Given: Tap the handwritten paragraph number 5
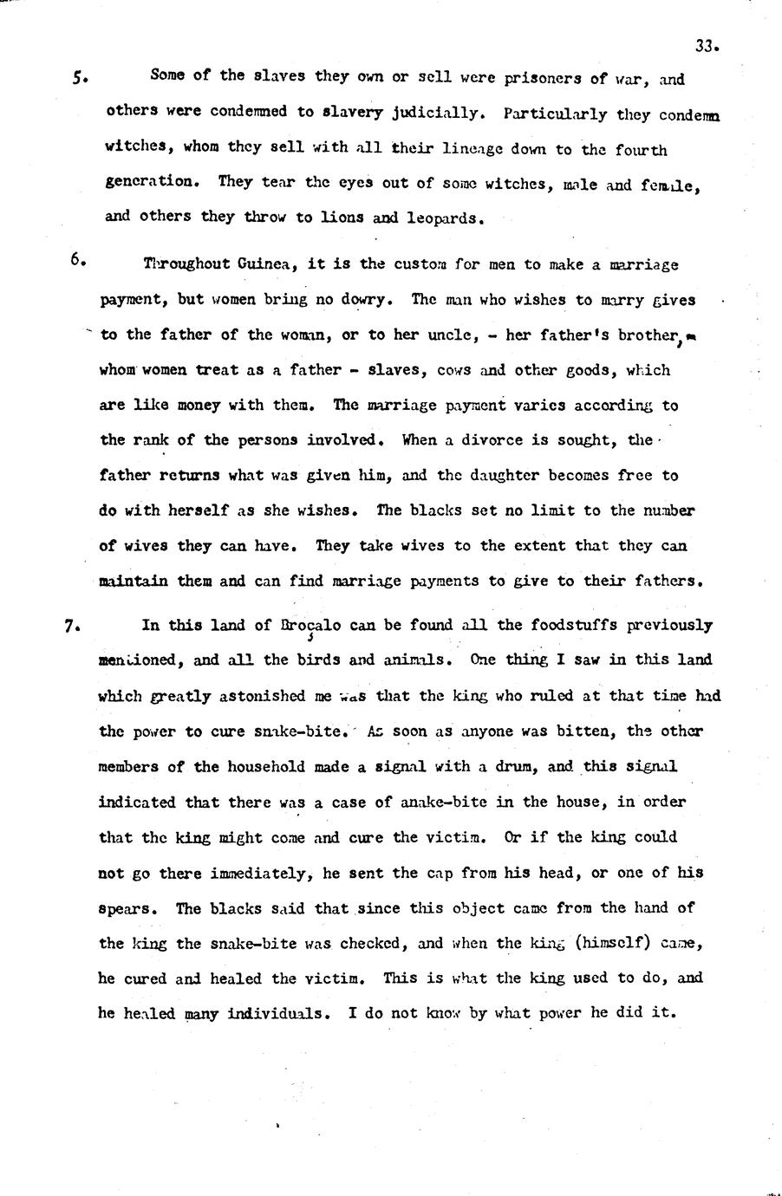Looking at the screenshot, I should pos(79,77).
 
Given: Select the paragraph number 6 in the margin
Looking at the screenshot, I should pos(76,259).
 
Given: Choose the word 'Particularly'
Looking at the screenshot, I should pos(555,114).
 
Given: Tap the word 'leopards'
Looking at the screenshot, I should pos(448,218).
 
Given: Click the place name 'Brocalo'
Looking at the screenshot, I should pos(311,625).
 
